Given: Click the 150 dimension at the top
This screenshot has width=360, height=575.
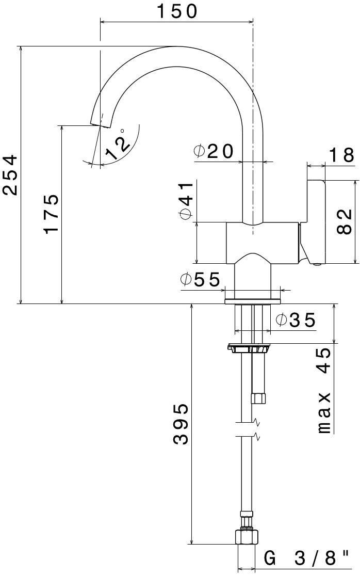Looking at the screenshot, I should coord(177,11).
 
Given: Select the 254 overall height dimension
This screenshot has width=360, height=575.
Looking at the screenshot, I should coord(11,174).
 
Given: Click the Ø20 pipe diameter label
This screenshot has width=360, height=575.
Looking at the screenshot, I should coord(214,151).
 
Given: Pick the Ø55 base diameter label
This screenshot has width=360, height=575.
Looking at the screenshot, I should coord(200,280).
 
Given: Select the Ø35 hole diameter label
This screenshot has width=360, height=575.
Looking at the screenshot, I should coord(295,320).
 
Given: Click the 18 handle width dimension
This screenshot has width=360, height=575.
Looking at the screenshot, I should coord(341,155).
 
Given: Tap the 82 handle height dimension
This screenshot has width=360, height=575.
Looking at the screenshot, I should coord(345,221).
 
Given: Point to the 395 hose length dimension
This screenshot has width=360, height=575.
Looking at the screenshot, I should coord(181,424).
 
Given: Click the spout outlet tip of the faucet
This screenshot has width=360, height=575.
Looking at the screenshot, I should coord(99,123).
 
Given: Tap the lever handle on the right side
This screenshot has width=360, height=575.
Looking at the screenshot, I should coord(315,221).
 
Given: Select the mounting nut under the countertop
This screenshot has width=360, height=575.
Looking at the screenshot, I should coord(249,348).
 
